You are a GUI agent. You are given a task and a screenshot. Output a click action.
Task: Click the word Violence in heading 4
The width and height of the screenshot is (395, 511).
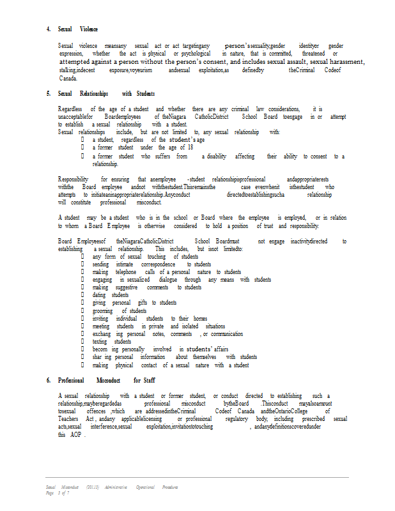89,30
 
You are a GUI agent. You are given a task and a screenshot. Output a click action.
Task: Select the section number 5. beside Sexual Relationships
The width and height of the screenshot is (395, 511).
49,94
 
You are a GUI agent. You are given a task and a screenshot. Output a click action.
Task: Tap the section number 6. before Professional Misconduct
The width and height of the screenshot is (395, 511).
49,381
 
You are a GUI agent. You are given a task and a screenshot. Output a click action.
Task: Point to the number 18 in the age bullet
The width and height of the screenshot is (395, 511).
189,148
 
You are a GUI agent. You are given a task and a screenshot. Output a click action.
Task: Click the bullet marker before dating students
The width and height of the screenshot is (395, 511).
82,295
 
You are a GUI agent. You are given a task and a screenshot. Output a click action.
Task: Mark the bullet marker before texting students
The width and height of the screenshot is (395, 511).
82,342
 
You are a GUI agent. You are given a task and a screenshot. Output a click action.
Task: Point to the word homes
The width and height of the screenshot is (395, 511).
200,318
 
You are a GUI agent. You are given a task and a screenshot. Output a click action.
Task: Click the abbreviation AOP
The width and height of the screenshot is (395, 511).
75,434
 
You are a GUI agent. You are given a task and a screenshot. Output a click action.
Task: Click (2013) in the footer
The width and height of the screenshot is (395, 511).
93,487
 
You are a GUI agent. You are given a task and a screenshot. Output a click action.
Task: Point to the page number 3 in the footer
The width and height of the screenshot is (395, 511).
59,493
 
